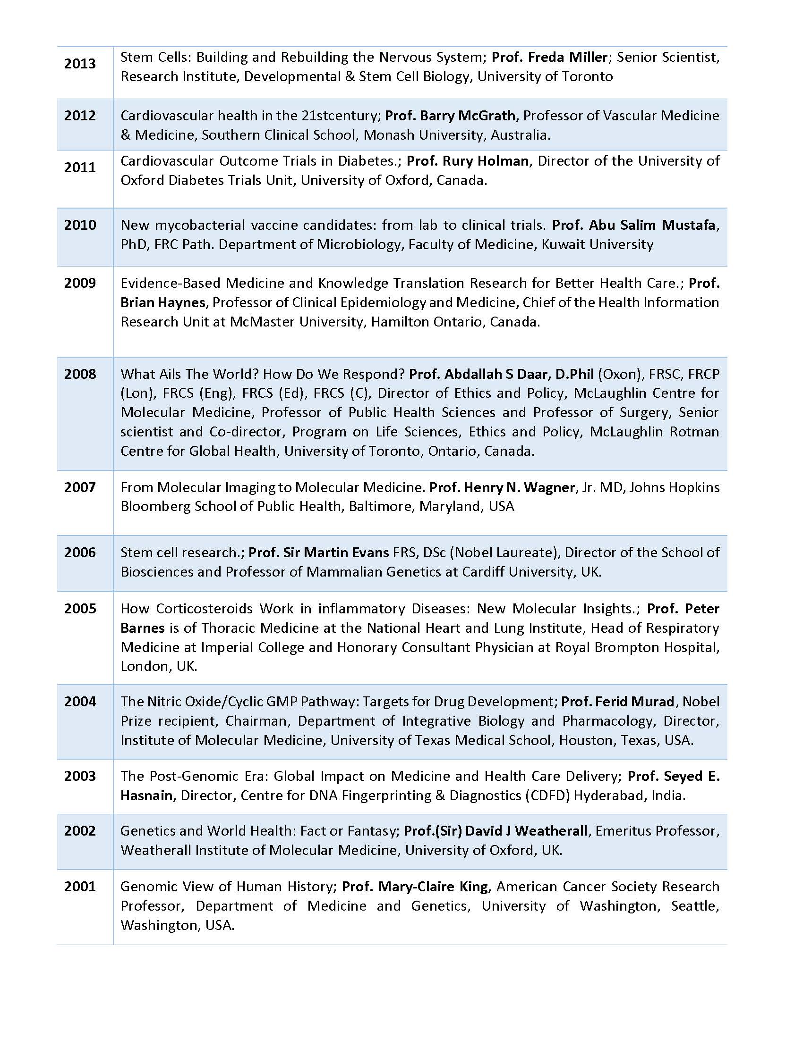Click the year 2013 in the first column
click(80, 64)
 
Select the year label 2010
click(80, 225)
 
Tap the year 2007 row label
click(80, 487)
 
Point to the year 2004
click(80, 702)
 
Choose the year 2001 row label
click(80, 887)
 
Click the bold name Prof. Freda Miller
click(549, 57)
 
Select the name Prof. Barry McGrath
click(450, 116)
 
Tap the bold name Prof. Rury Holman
click(468, 161)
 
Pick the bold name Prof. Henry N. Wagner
click(502, 487)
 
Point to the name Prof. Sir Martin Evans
click(319, 552)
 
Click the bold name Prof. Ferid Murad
click(617, 702)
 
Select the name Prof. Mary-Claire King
click(415, 887)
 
